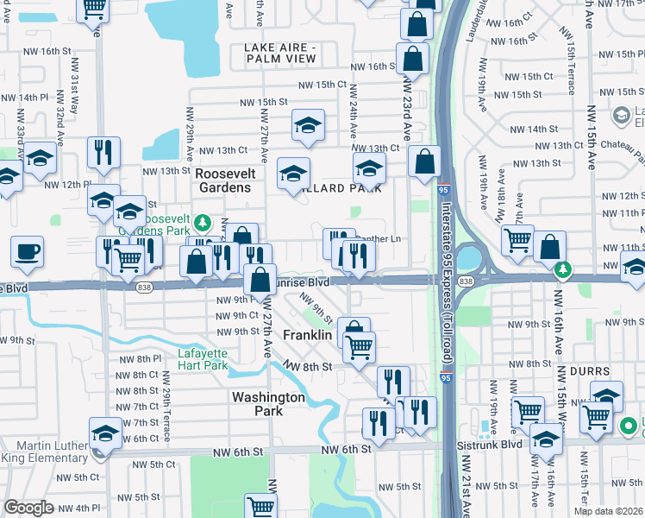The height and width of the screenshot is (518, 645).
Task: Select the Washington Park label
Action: click(x=268, y=404)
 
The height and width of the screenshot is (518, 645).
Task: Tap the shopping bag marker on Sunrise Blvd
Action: click(x=260, y=279)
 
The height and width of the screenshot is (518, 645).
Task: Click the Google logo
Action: click(x=28, y=508)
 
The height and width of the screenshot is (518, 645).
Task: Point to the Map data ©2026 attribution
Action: click(x=608, y=511)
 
